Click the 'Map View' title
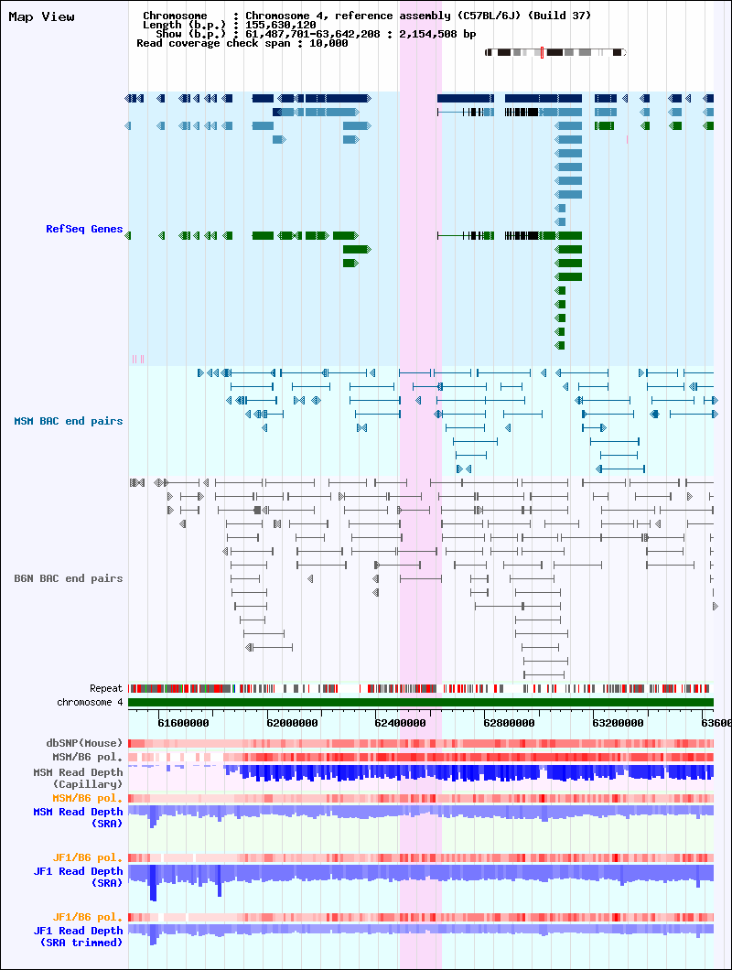(41, 17)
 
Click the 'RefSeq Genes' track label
(84, 229)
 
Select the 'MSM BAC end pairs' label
(69, 421)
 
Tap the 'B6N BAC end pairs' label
(69, 578)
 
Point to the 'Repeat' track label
(106, 688)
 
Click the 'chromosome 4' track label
(90, 702)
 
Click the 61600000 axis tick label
(183, 723)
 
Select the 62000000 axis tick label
(292, 723)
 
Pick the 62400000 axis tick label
(401, 723)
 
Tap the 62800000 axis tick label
(509, 723)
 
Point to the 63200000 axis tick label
(618, 723)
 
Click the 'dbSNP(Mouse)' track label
(84, 743)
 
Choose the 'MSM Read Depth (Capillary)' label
(78, 778)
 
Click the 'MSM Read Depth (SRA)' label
(78, 817)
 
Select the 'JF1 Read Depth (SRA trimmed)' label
(78, 936)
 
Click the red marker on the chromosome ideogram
(542, 52)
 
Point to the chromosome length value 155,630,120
(281, 25)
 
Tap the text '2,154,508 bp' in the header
(437, 34)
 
